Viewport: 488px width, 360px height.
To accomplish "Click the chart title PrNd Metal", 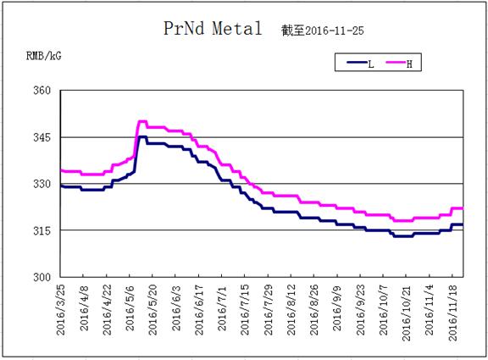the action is point(213,28).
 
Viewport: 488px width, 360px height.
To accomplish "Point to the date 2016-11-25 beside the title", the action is point(335,30).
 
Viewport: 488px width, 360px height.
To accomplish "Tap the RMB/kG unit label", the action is point(44,56).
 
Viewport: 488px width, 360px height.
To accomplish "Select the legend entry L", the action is point(360,64).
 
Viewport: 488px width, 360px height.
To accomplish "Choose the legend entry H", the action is point(399,64).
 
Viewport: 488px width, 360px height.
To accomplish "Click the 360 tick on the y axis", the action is point(42,91).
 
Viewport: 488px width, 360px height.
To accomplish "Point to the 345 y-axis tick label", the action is point(42,137).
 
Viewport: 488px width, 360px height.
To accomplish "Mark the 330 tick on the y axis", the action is point(42,184).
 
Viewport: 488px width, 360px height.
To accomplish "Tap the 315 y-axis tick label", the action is point(42,230).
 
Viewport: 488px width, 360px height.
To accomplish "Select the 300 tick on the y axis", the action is point(42,277).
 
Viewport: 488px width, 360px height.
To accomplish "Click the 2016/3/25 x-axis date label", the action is point(61,309).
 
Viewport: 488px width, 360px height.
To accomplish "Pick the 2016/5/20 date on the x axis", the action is point(152,309).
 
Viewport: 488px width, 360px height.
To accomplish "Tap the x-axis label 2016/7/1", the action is point(222,308).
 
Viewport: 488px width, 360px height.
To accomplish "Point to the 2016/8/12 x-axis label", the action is point(291,309).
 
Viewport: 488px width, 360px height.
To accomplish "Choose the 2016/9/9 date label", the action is point(337,308).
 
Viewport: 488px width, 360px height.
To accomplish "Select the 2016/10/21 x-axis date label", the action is point(407,313).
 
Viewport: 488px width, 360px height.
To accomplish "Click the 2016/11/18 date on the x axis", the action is point(452,313).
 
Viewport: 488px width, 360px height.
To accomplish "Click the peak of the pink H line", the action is point(142,121).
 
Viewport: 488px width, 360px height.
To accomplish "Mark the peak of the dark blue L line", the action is point(142,136).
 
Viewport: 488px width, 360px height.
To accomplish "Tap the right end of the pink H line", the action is point(463,208).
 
